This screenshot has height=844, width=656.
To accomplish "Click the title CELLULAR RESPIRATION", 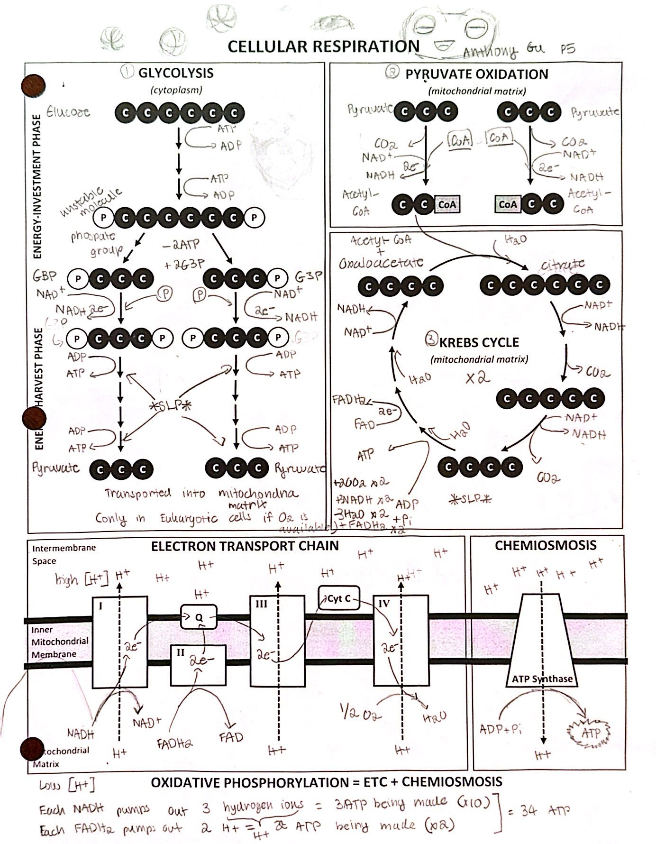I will (323, 46).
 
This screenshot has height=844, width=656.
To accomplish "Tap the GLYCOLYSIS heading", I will (175, 73).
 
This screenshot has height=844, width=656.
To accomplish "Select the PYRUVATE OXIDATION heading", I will (476, 74).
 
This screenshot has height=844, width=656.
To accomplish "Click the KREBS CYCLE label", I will (479, 342).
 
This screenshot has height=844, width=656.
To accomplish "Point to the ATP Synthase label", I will (542, 679).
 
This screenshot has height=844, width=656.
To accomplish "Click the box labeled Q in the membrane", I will (199, 617).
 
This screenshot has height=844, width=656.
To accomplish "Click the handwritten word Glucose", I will (68, 112).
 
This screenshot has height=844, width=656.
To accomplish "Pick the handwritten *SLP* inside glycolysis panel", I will (169, 406).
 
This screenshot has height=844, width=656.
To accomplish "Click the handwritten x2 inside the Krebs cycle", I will (477, 378).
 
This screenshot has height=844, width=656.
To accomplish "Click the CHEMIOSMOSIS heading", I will (545, 545).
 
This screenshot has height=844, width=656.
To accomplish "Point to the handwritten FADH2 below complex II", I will (174, 743).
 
